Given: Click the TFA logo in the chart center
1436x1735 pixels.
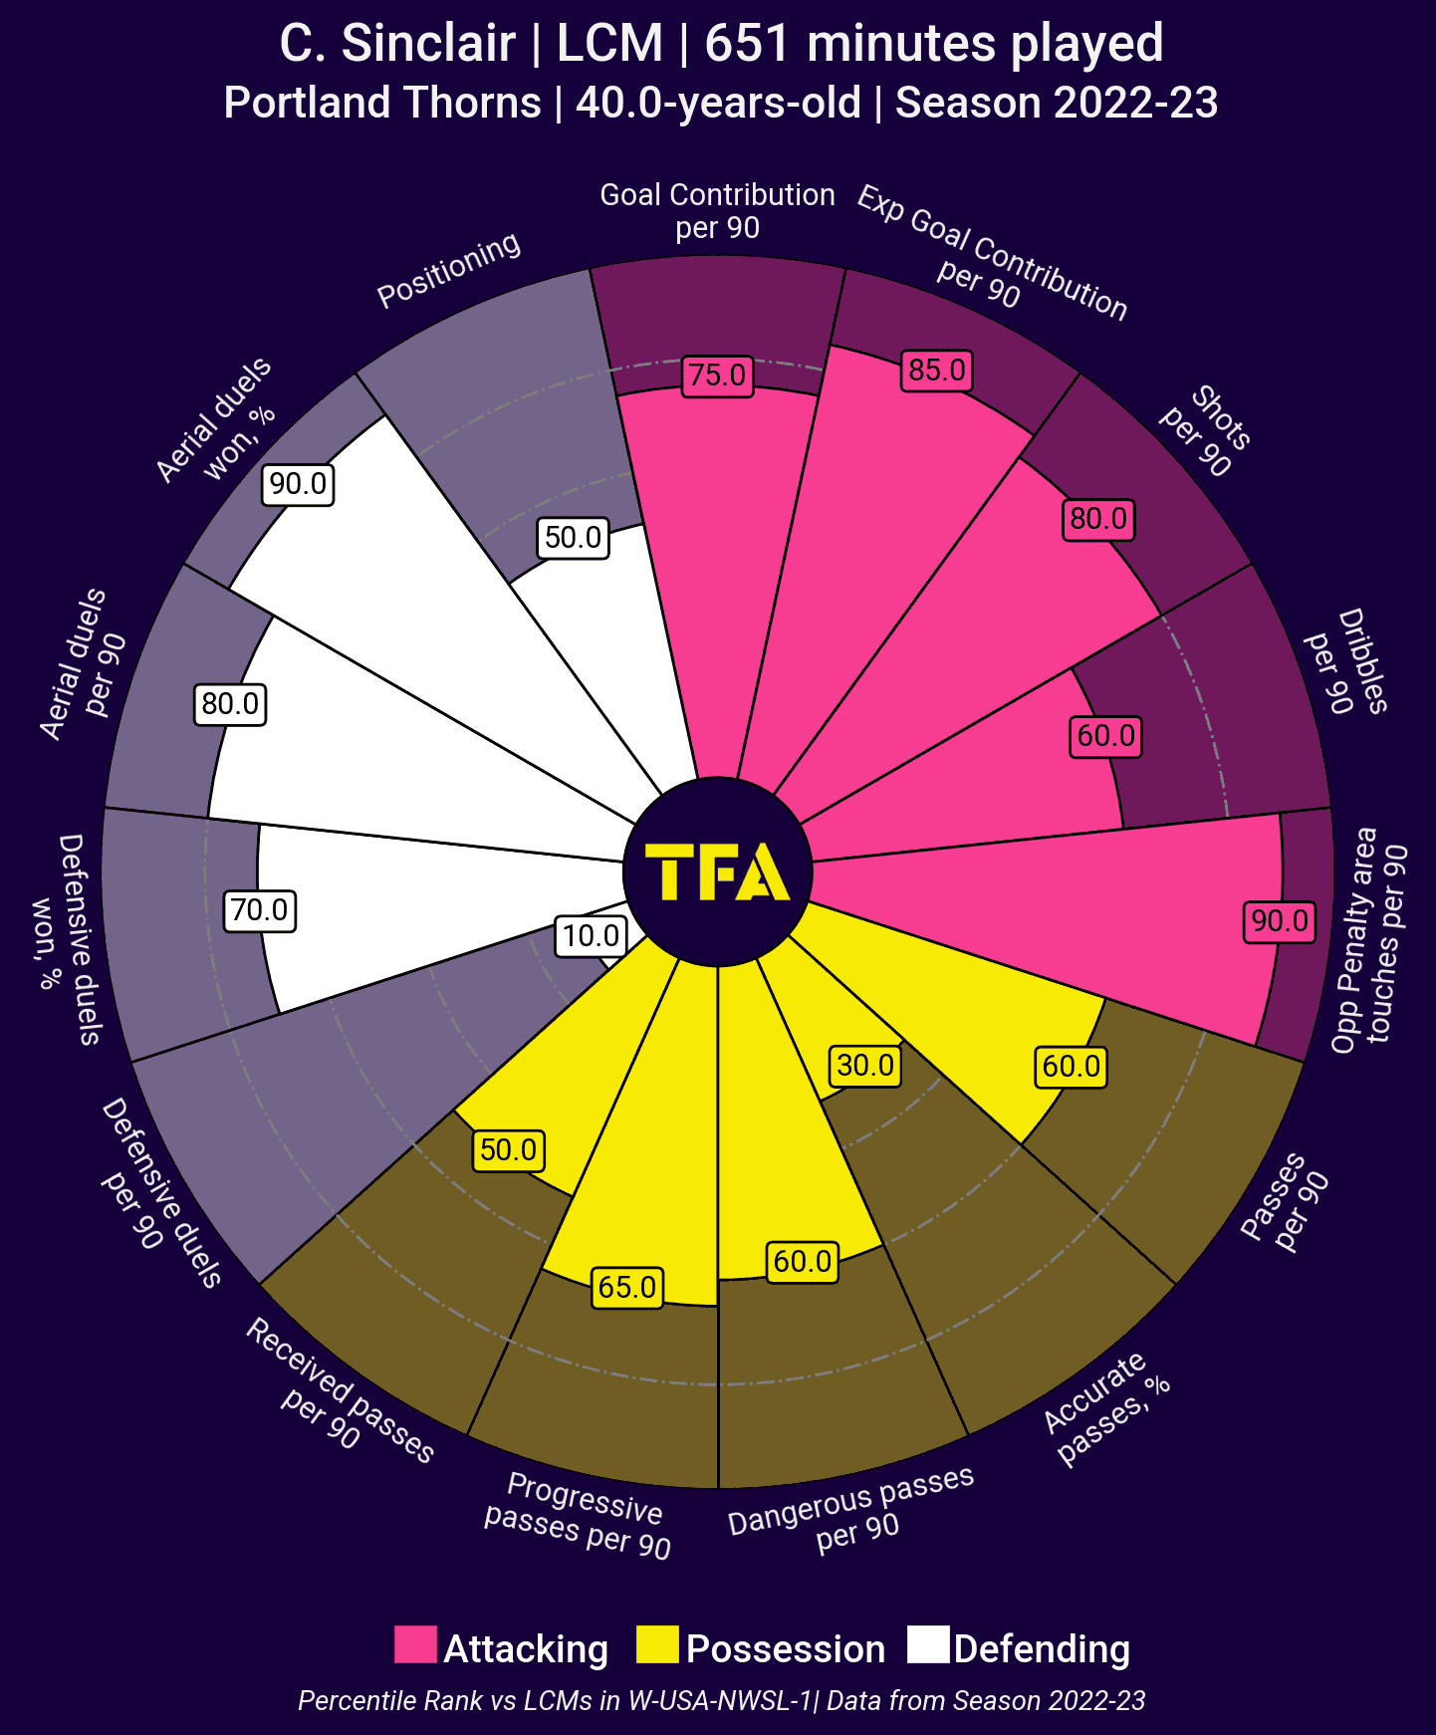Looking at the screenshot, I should (717, 872).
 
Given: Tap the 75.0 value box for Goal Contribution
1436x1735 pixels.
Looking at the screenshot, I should (718, 375).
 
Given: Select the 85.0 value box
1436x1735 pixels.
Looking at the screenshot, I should (937, 371).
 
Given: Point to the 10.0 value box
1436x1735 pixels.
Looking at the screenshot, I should (592, 936).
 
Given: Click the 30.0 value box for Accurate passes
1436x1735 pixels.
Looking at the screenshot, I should (865, 1066).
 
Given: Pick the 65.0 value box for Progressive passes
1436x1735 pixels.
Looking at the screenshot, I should (627, 1287).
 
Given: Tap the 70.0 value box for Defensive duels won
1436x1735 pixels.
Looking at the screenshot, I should (260, 910).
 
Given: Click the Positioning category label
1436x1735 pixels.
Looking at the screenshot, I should (449, 270).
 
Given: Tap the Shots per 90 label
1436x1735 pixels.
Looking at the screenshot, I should (1206, 431).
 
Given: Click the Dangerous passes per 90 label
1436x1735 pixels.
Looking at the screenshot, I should (852, 1511).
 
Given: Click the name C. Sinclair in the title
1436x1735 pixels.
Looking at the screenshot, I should (397, 44).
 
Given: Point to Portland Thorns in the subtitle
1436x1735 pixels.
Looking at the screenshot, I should (382, 103).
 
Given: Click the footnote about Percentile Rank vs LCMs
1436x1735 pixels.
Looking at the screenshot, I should (721, 1700).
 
